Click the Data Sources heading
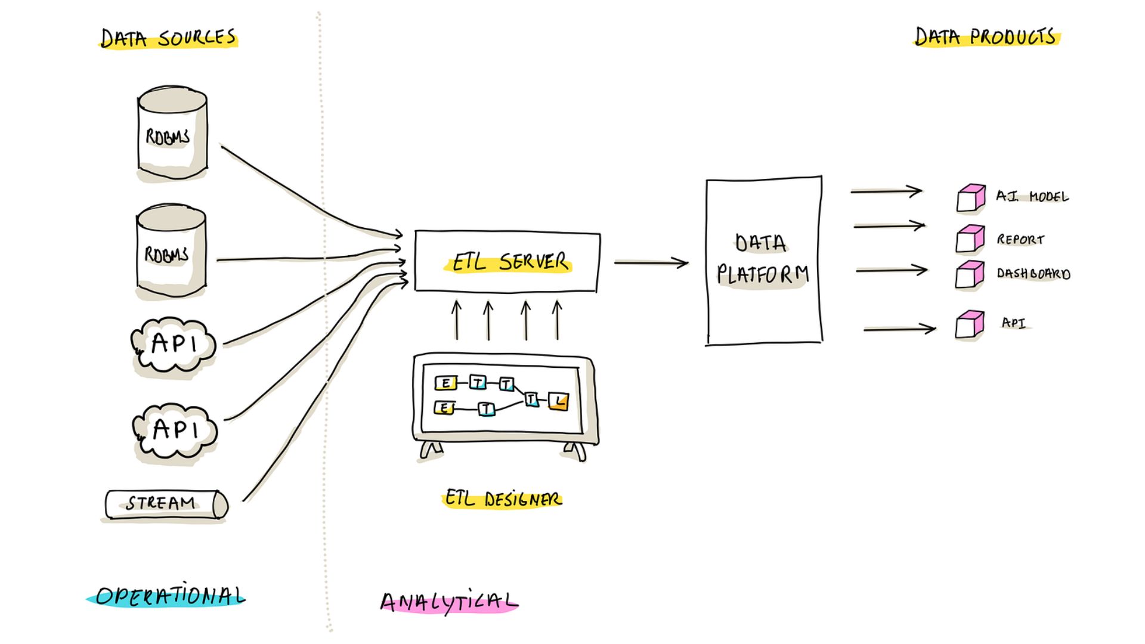pyautogui.click(x=168, y=38)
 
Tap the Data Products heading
pyautogui.click(x=986, y=36)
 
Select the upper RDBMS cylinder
pyautogui.click(x=172, y=132)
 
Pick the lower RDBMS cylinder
pyautogui.click(x=171, y=250)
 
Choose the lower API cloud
pyautogui.click(x=175, y=431)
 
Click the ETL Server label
pyautogui.click(x=509, y=262)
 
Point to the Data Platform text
pyautogui.click(x=762, y=259)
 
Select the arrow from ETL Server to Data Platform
pyautogui.click(x=651, y=262)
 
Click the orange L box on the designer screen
pyautogui.click(x=558, y=401)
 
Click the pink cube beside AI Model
pyautogui.click(x=971, y=198)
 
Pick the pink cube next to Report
pyautogui.click(x=970, y=239)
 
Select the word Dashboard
pyautogui.click(x=1033, y=274)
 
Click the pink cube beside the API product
pyautogui.click(x=970, y=325)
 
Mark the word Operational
pyautogui.click(x=170, y=595)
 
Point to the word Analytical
pyautogui.click(x=449, y=601)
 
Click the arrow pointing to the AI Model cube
pyautogui.click(x=887, y=191)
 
